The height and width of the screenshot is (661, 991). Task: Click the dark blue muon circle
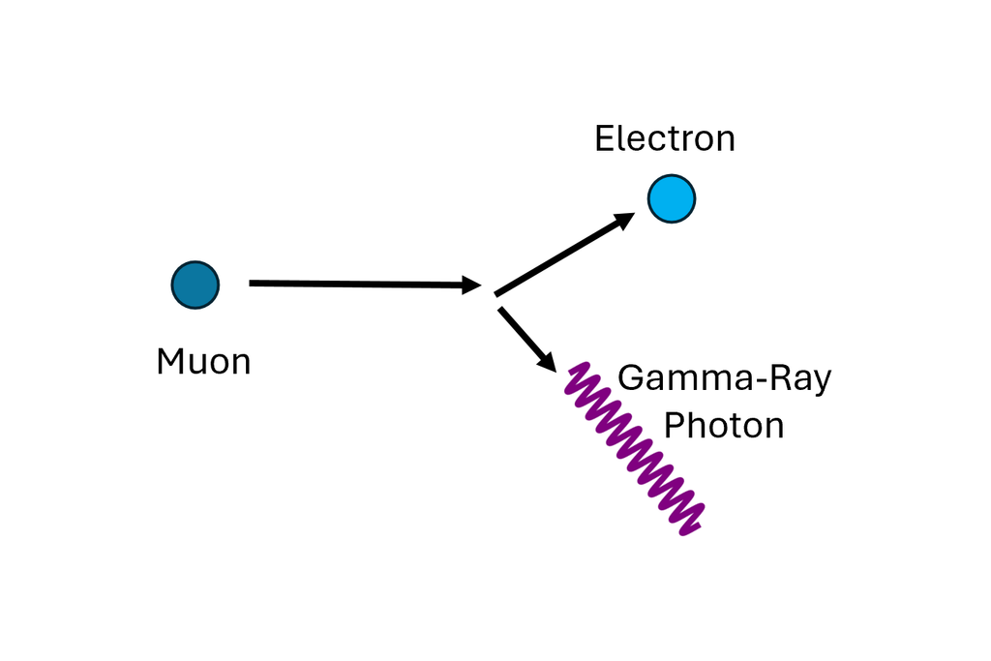[195, 285]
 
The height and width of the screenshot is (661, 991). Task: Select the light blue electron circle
[672, 198]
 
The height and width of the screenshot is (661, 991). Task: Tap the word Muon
[203, 362]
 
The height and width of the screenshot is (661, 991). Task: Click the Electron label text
[665, 138]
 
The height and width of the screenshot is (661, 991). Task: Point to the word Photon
[724, 425]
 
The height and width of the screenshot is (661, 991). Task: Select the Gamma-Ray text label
[725, 377]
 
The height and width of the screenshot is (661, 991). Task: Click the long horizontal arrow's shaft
[358, 284]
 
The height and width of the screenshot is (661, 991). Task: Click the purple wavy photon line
[634, 449]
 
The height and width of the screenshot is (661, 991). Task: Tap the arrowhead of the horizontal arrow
[472, 285]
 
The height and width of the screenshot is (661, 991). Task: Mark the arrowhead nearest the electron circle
[624, 220]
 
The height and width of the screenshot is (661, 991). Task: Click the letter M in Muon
[170, 362]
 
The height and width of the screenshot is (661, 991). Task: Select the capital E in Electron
[604, 138]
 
